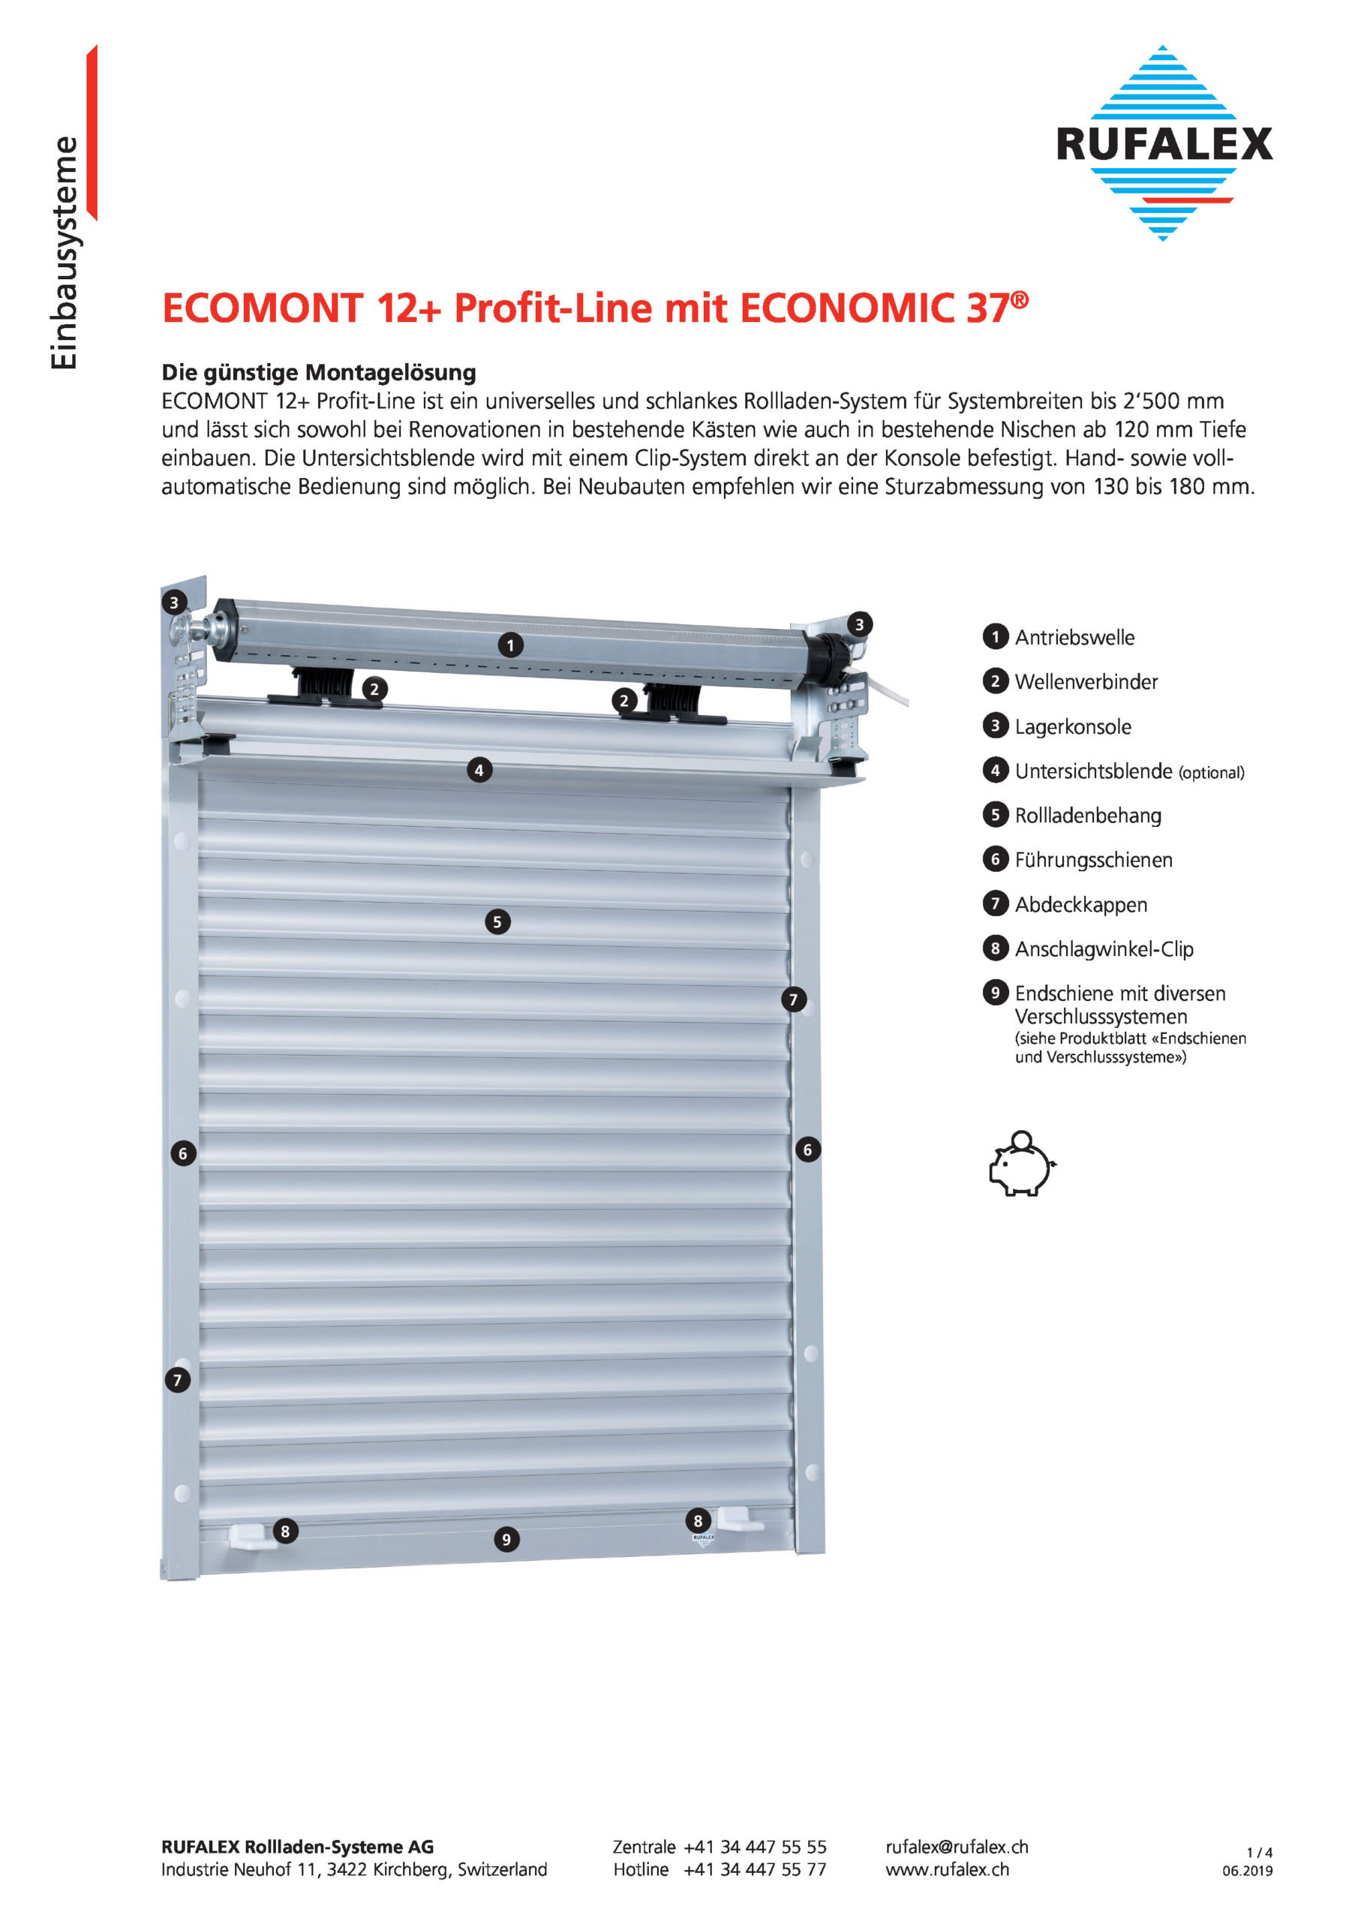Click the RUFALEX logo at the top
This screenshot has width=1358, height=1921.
click(x=1163, y=143)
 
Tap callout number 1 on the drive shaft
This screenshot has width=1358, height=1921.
click(x=510, y=645)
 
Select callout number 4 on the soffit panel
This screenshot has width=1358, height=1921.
click(x=479, y=770)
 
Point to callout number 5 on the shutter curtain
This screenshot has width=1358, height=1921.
click(x=497, y=922)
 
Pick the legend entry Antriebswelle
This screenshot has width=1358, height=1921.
click(x=1074, y=638)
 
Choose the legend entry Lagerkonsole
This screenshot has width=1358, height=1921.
click(x=1073, y=726)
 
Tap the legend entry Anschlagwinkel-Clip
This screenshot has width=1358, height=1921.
click(x=1104, y=948)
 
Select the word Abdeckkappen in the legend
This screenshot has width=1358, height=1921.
click(x=1081, y=904)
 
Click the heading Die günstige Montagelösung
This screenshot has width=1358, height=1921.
click(x=319, y=372)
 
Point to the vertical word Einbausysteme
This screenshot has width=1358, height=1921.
click(x=65, y=252)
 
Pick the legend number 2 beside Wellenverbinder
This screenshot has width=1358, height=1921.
click(x=995, y=681)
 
